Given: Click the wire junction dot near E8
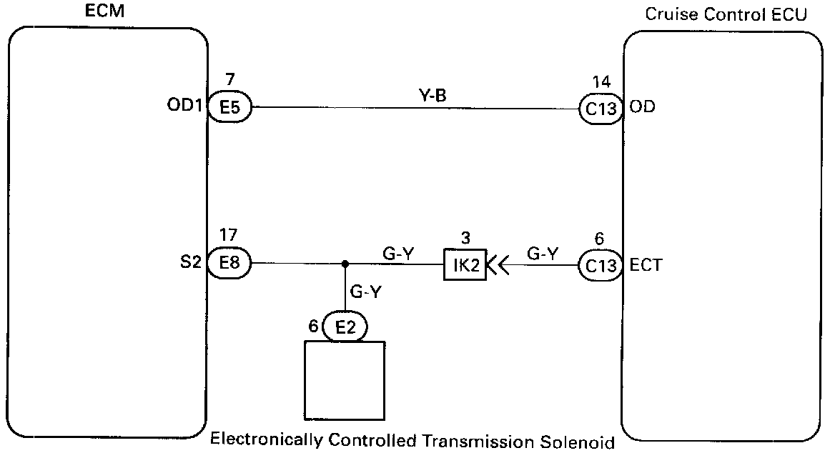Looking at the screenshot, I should (x=345, y=264).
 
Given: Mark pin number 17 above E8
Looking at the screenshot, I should (x=229, y=236).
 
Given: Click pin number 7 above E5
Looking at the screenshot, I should (x=229, y=79).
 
